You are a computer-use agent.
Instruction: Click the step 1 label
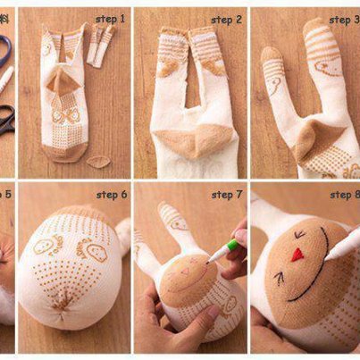[x=110, y=20]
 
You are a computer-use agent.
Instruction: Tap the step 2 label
[x=226, y=20]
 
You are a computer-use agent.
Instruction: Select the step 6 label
[x=112, y=195]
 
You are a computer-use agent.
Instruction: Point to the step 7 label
[x=227, y=195]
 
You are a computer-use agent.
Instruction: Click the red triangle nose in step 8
[x=297, y=255]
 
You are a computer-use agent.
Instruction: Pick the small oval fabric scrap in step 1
[x=98, y=162]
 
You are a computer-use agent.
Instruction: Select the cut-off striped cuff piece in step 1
[x=101, y=46]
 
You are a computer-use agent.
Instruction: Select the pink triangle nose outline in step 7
[x=187, y=272]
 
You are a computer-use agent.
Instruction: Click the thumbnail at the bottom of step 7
[x=213, y=312]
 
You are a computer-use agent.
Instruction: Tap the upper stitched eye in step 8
[x=299, y=235]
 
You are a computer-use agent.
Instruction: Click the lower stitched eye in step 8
[x=280, y=279]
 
